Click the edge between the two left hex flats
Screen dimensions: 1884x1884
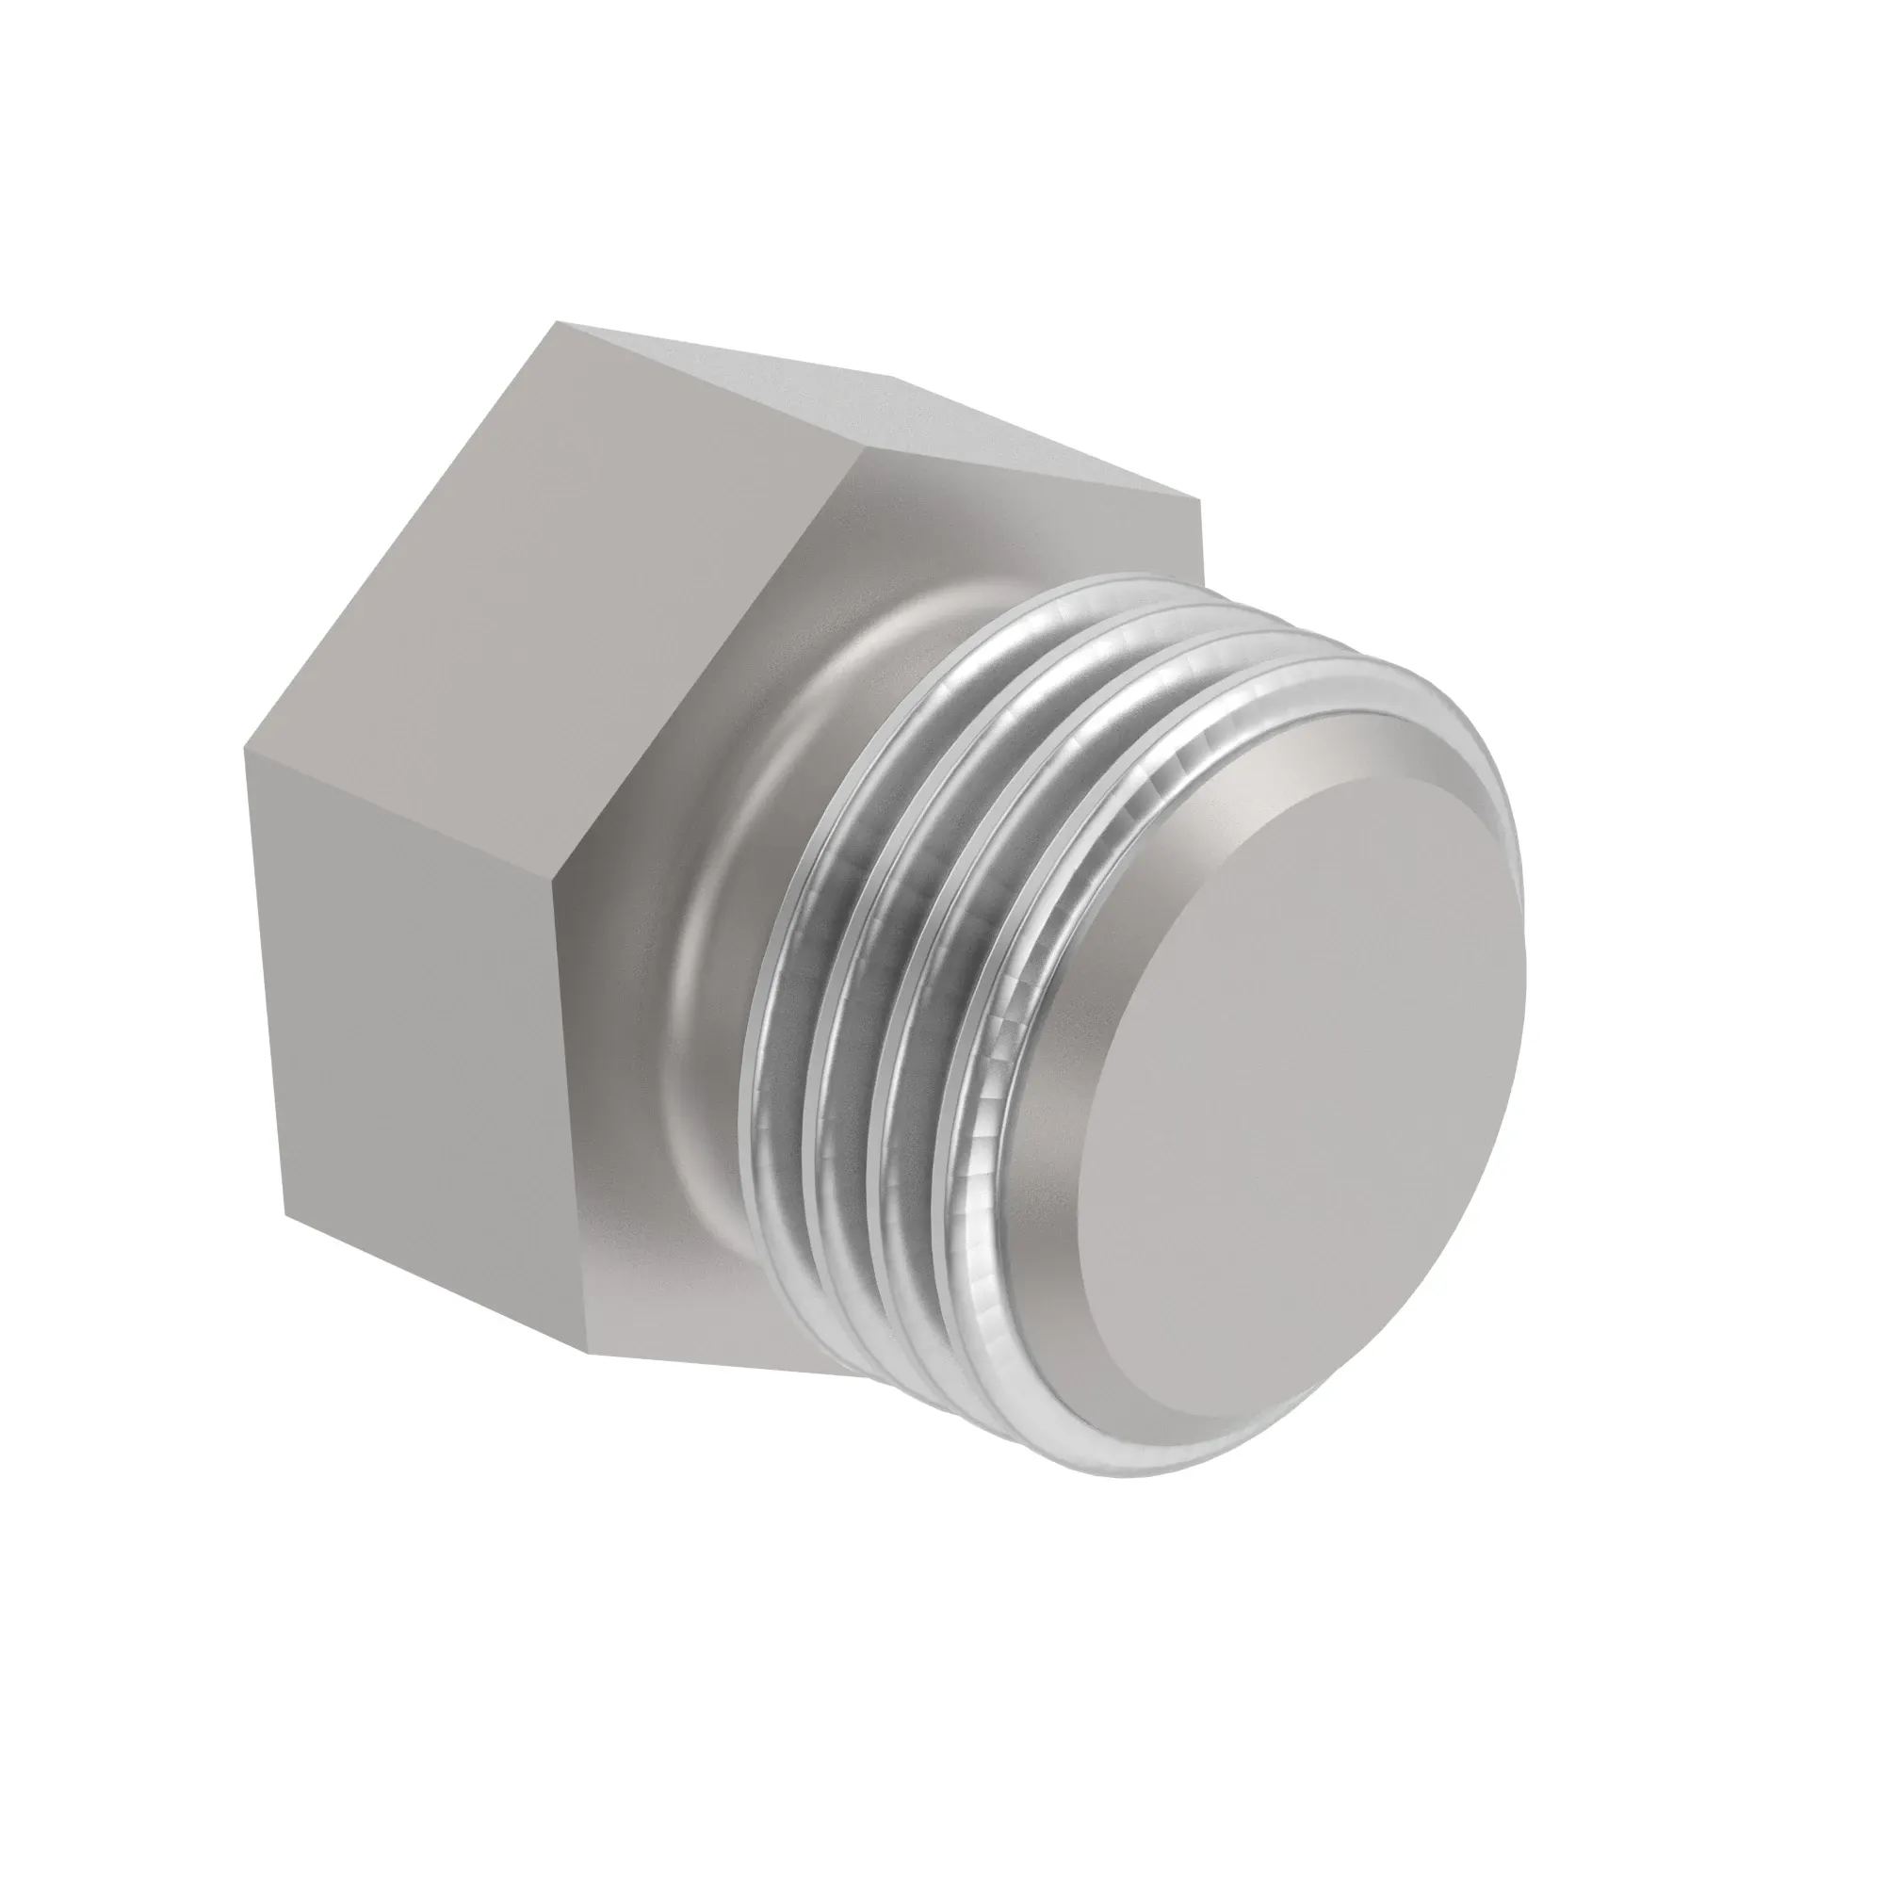pos(399,809)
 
